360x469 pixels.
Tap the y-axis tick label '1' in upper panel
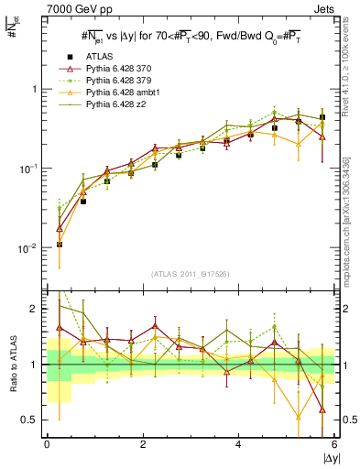click(x=31, y=90)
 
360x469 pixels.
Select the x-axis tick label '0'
click(x=47, y=444)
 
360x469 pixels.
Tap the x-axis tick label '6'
click(x=335, y=444)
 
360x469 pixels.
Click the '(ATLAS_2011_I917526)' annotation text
click(x=191, y=274)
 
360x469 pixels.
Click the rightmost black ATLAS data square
click(x=322, y=118)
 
